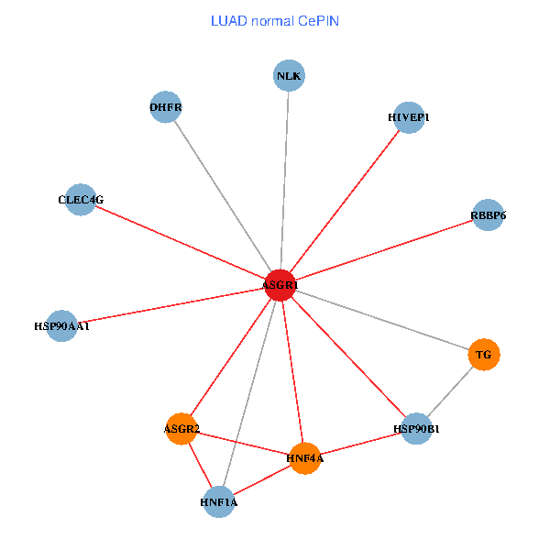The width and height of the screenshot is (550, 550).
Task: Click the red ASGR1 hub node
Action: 280,286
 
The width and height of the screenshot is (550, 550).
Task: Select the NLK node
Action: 289,75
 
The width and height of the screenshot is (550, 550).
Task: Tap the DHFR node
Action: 165,107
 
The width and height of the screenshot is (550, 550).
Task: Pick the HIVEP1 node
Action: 408,117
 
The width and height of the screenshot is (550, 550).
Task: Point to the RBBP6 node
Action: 488,215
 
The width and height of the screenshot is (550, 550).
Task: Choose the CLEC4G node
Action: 81,200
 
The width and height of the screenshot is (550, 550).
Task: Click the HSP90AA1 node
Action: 61,325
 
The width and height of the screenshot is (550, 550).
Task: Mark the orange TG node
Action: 484,355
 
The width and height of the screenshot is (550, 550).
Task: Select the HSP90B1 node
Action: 416,428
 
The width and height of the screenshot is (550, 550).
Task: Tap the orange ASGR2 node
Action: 181,429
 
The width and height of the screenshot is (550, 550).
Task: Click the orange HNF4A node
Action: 304,458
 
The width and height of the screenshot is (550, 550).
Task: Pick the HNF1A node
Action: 219,502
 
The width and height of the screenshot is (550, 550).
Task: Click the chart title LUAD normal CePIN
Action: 275,20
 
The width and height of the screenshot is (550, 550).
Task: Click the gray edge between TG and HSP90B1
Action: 450,391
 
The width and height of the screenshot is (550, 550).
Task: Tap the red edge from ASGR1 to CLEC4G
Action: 180,243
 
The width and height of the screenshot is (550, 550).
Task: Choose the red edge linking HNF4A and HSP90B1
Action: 360,444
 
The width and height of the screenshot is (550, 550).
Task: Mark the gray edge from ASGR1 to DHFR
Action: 222,196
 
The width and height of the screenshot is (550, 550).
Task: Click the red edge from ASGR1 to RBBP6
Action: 383,251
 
